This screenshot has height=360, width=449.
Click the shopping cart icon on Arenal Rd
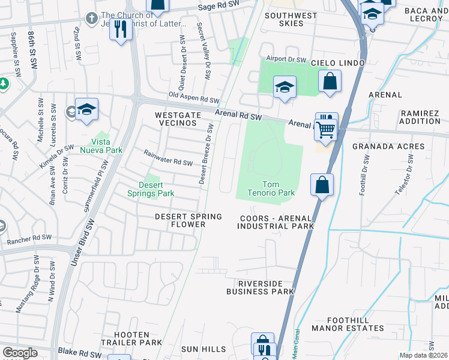[x=326, y=128]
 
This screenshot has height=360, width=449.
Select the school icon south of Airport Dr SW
[x=285, y=87]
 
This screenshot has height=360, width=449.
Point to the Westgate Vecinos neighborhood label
[x=176, y=118]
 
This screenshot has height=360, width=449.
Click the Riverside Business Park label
[x=260, y=287]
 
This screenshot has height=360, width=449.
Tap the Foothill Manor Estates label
[x=355, y=328]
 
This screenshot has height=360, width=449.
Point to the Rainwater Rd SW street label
[x=168, y=158]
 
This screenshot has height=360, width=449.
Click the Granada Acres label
[x=388, y=146]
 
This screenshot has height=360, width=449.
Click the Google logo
[x=20, y=353]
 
